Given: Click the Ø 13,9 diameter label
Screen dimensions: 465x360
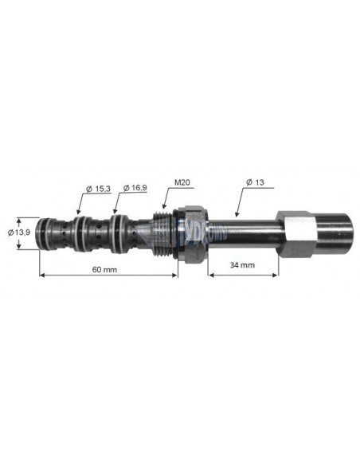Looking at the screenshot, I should (x=20, y=232).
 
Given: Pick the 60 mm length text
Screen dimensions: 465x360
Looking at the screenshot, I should (x=105, y=269).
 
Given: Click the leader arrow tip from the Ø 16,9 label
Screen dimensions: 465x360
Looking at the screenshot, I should (x=115, y=213).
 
